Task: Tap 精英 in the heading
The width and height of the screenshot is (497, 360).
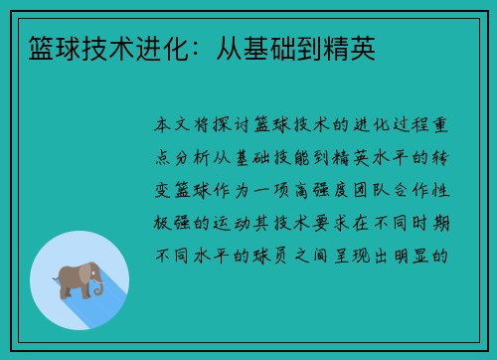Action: coord(352,49)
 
